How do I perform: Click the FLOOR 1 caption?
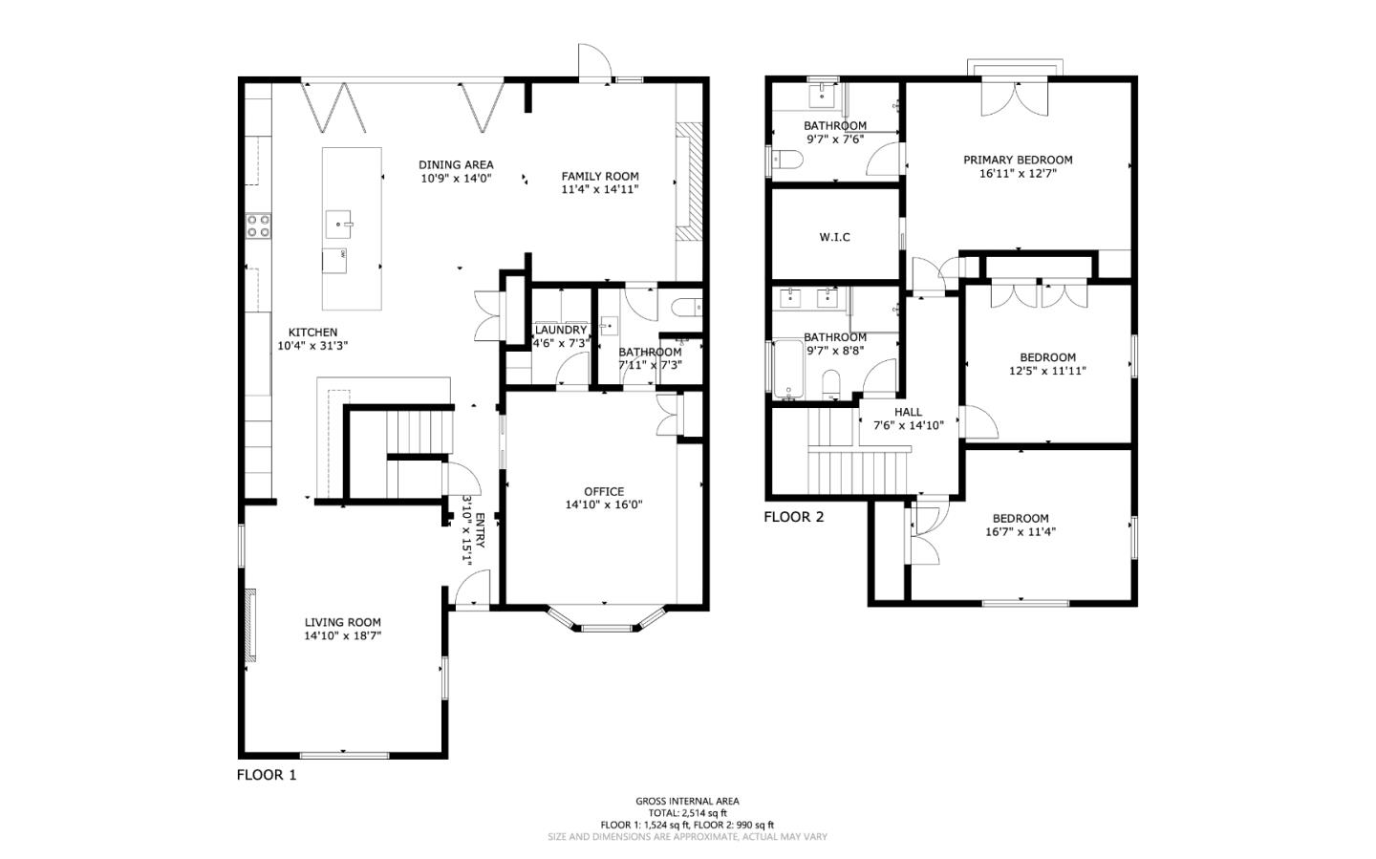click(267, 775)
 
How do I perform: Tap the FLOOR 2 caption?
click(793, 517)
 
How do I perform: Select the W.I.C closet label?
click(834, 237)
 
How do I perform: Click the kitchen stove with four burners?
click(258, 225)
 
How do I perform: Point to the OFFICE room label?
click(603, 491)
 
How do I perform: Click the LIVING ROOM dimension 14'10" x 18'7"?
click(343, 635)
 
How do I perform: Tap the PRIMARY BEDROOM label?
click(1018, 160)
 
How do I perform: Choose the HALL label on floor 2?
click(908, 412)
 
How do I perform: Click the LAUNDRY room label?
click(560, 330)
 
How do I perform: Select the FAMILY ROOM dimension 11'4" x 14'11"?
click(599, 189)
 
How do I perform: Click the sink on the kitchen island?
click(339, 225)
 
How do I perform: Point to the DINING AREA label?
click(456, 164)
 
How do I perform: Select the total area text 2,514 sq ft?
click(687, 813)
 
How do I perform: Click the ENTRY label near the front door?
click(480, 530)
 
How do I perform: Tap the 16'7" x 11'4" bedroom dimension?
click(1021, 532)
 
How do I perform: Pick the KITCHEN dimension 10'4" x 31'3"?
click(312, 346)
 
